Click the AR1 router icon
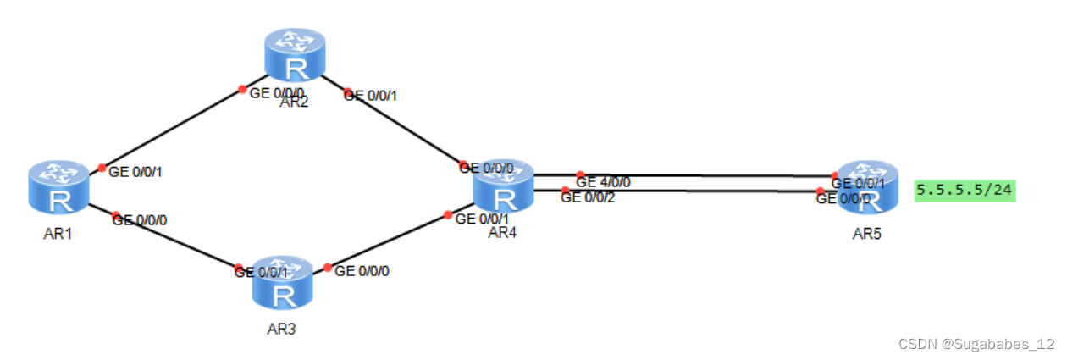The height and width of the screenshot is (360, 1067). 59,187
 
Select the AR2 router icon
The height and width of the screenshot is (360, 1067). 295,55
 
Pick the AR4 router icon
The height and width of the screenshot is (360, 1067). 504,186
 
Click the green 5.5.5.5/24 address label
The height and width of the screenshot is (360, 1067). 965,190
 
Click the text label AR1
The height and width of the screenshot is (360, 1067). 58,234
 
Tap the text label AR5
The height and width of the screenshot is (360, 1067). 866,234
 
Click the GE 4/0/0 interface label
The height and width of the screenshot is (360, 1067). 603,182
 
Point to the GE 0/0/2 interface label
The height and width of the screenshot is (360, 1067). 588,198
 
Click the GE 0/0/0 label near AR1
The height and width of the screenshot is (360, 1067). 140,219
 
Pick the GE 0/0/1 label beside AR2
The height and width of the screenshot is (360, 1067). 370,96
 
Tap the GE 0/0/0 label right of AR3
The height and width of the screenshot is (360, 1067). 362,272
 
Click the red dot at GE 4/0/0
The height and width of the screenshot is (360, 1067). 580,174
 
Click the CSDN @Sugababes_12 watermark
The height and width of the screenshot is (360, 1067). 976,344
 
